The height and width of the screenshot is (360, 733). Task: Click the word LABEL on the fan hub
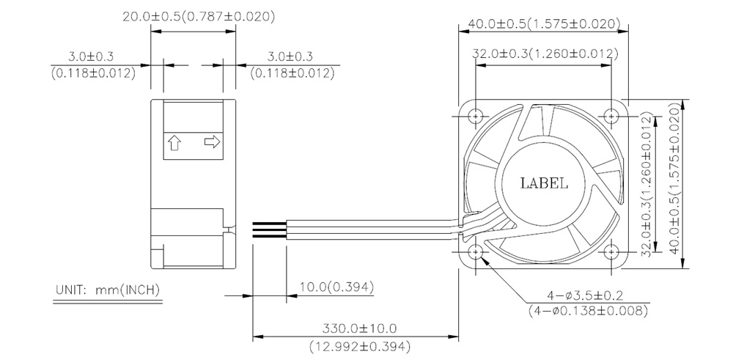(x=544, y=183)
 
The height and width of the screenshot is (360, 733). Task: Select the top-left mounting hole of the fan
(x=476, y=115)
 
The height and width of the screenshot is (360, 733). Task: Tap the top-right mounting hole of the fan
(x=611, y=115)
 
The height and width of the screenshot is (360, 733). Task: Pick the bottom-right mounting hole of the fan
(x=611, y=252)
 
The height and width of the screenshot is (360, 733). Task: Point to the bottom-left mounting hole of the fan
(x=476, y=252)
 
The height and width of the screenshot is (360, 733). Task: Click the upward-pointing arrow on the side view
(x=174, y=142)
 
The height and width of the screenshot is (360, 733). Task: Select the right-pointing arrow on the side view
(x=213, y=142)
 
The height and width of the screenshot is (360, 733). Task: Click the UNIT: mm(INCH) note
(x=108, y=290)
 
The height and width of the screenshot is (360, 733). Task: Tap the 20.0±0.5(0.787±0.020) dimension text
(x=199, y=17)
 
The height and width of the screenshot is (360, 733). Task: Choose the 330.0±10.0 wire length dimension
(x=359, y=328)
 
